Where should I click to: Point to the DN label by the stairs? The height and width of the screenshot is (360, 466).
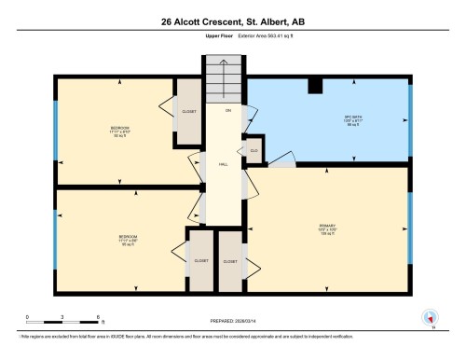coord(226,110)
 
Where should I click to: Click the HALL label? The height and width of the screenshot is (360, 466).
coord(224,163)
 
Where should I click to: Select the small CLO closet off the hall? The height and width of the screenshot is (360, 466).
coord(253,149)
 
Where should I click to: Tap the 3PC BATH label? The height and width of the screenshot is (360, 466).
coord(328,118)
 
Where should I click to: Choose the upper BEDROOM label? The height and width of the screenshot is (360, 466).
coord(120,129)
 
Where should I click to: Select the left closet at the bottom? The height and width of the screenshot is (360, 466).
coord(200,261)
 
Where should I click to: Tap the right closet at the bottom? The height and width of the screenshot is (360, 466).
coord(230,261)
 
